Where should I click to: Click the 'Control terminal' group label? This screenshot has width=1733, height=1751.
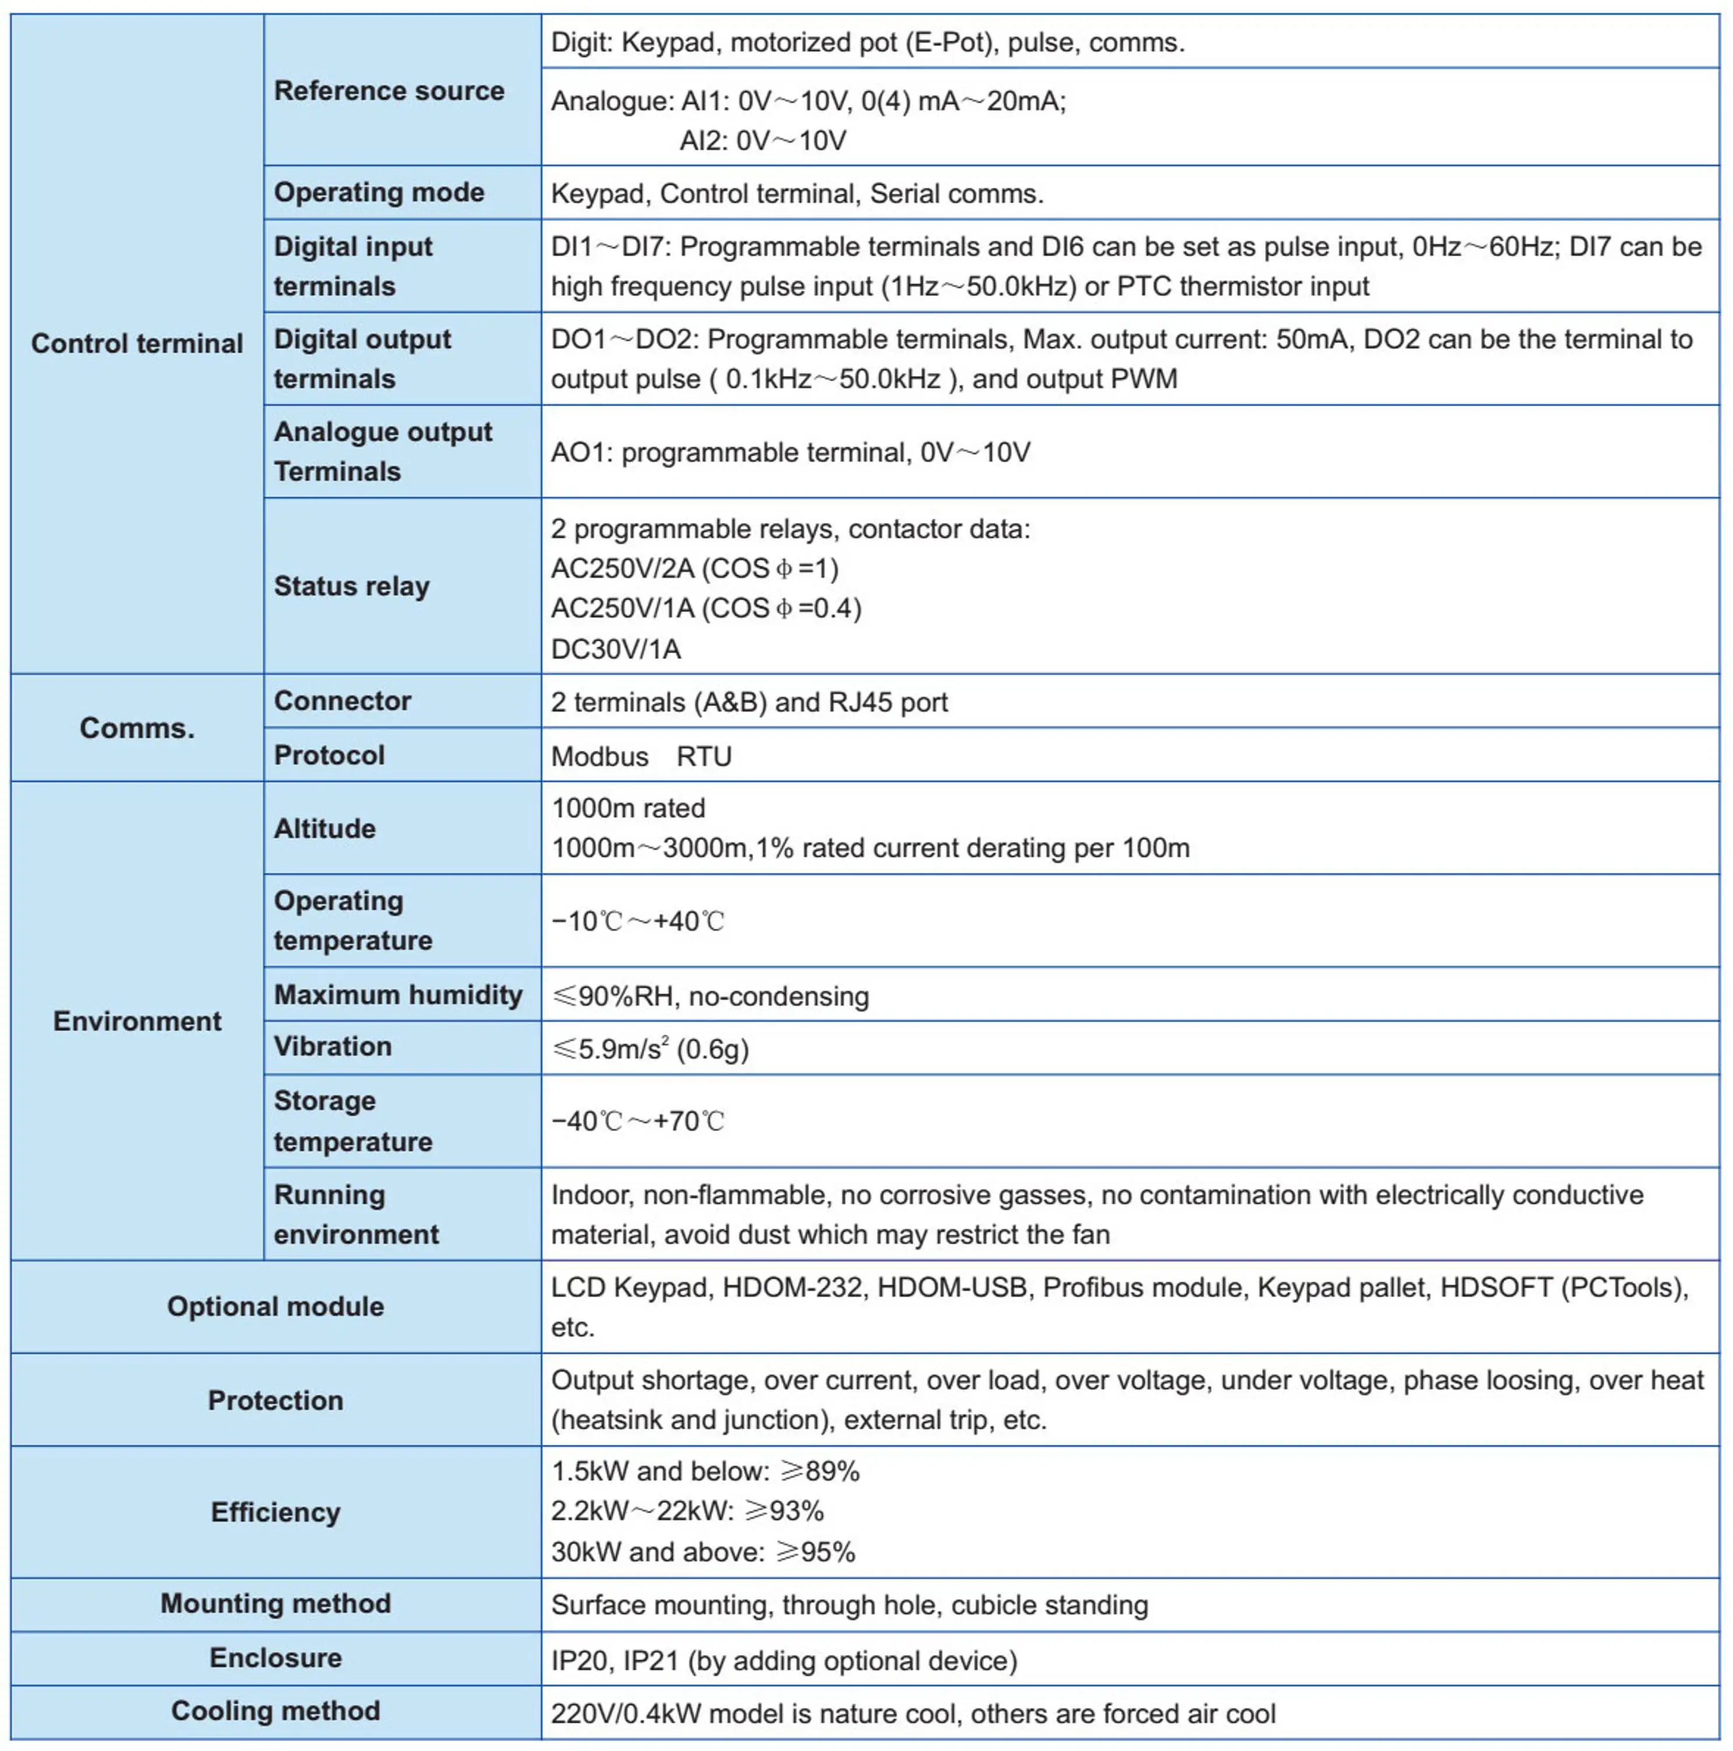click(x=137, y=344)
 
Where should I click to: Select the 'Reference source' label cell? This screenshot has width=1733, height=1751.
click(x=389, y=90)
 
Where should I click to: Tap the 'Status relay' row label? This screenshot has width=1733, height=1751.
click(x=351, y=587)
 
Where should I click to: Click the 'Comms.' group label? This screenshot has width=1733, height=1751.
click(x=137, y=728)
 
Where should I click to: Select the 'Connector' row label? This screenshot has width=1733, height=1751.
click(x=343, y=700)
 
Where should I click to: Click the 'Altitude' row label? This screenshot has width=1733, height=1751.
click(x=324, y=828)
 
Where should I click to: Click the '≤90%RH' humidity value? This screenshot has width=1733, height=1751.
click(x=613, y=996)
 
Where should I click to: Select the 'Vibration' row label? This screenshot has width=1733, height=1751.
click(x=333, y=1047)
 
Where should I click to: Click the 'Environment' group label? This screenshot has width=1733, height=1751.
click(x=137, y=1021)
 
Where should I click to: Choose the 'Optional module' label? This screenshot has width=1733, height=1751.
click(x=275, y=1306)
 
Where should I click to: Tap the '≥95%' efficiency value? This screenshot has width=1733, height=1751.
click(x=815, y=1551)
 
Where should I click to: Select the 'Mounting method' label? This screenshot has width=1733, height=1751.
click(x=275, y=1603)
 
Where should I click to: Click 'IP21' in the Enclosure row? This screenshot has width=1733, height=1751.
click(x=651, y=1661)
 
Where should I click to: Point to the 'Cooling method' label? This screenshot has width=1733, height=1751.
click(x=275, y=1711)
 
